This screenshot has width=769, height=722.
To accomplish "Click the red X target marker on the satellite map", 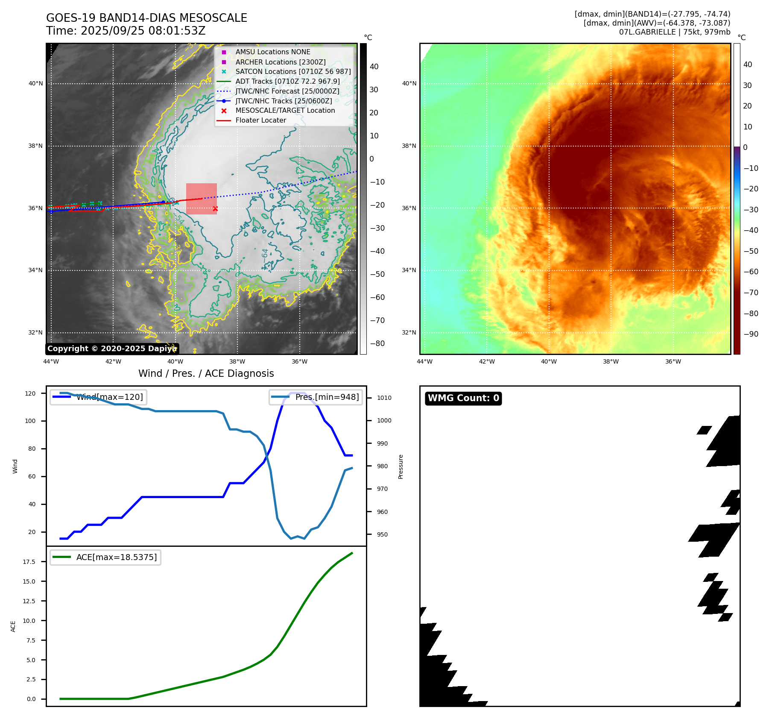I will coord(215,209).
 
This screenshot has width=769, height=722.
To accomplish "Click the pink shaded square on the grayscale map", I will coord(202,199).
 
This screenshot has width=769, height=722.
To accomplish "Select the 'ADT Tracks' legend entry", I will coord(287,81).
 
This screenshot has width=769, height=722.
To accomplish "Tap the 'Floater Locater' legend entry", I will coord(260,120).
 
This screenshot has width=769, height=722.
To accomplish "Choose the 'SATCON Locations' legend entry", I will coord(293,71).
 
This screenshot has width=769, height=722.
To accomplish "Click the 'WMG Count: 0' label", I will coord(463,398).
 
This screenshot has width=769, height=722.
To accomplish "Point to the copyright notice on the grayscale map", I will coord(112,349).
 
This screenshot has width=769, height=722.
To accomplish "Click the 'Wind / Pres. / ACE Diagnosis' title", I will coord(206,373).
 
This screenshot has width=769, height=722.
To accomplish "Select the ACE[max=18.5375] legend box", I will coord(105,557).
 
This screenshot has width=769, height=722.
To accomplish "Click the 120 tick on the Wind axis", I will coord(30,393).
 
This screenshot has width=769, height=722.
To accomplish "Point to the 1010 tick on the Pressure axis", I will coord(384,398).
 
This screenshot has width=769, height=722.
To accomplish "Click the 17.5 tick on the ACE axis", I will coord(29,562).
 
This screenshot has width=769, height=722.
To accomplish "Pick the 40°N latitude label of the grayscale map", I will coord(36,83).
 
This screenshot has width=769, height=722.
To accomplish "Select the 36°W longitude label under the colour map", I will coord(673,361).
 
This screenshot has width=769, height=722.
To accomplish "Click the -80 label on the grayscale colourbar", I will coord(377,343).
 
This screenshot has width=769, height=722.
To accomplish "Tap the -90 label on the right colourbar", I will coord(751,334).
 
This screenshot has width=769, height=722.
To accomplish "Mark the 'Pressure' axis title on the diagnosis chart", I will coord(401,467).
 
